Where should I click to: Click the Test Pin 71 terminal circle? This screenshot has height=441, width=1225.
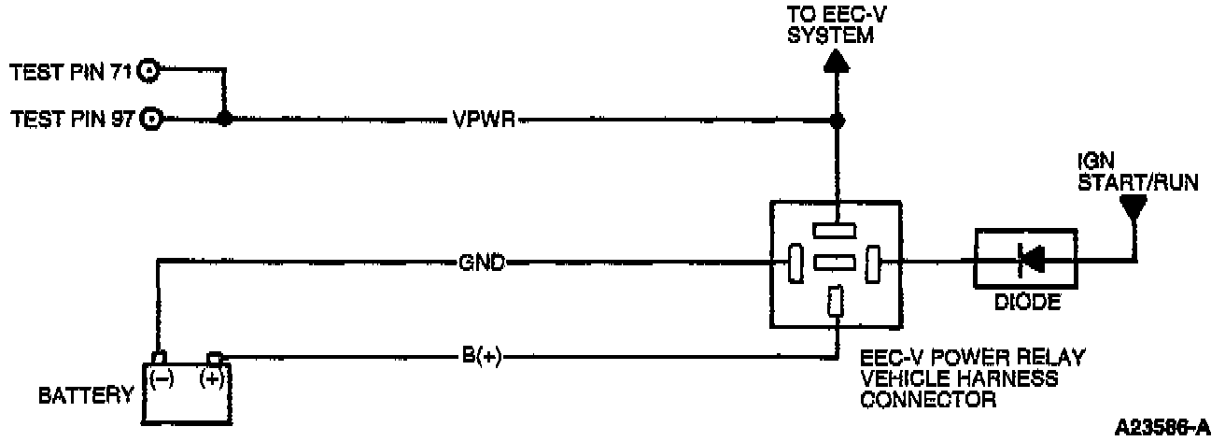[x=148, y=69]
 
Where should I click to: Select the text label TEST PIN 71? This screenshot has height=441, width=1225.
[x=71, y=70]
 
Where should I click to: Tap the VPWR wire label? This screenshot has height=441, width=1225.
[x=483, y=120]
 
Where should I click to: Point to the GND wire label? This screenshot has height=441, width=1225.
[x=482, y=263]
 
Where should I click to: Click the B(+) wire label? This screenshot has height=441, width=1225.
[x=482, y=355]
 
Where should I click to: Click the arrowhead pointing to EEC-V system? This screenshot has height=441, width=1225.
[x=837, y=61]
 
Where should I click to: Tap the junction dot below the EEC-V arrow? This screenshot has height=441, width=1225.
[x=837, y=120]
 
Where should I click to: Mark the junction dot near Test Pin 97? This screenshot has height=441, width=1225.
[x=224, y=120]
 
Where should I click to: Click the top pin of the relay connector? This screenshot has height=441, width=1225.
[x=836, y=229]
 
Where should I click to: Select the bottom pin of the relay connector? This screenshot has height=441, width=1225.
[x=837, y=301]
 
